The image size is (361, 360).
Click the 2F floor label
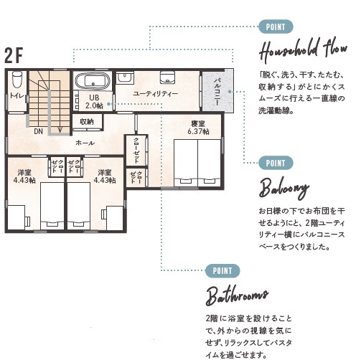[x=14, y=56]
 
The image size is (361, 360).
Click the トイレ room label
[x=17, y=96]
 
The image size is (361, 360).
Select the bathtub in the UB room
[x=93, y=79]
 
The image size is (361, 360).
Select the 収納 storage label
[x=86, y=122]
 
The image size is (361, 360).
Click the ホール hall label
[x=85, y=143]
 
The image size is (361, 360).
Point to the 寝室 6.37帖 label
[x=198, y=127]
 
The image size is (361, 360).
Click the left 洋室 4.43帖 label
[x=24, y=176]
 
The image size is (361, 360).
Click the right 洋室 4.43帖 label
[x=105, y=176]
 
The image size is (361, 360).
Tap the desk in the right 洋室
[x=113, y=213]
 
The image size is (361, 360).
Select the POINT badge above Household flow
[x=274, y=27]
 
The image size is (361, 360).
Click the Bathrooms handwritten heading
[x=237, y=295]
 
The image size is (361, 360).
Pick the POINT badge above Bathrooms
[x=222, y=270]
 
